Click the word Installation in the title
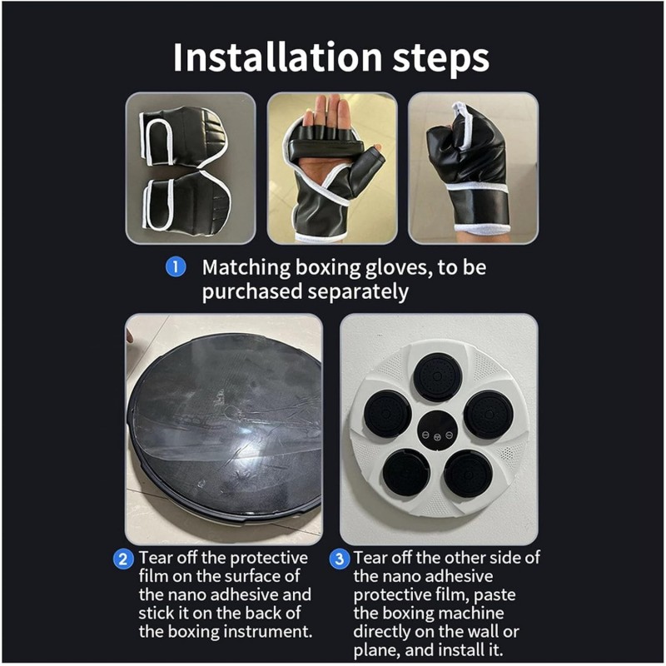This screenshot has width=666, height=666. pos(278,57)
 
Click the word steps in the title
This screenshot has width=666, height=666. pos(441,59)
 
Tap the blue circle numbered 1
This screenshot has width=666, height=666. pos(176,267)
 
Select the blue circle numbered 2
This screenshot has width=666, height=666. pos(123,559)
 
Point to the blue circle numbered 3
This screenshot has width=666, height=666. pos(340,559)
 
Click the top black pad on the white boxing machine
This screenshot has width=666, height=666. pos(438,376)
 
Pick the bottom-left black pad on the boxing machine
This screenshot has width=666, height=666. pos(406,472)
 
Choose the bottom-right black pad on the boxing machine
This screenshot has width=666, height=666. pos(469,474)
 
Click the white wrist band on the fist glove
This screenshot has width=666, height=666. pos(482,229)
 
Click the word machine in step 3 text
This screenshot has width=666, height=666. pos(471,613)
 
